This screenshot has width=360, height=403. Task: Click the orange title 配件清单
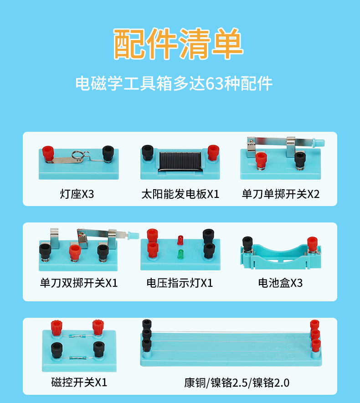coord(178,44)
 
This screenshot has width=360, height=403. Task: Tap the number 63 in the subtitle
coord(214,83)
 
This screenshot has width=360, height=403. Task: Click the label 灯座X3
coord(77,194)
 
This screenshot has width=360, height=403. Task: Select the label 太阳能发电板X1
coord(180,194)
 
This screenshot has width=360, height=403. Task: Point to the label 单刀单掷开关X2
coord(281,194)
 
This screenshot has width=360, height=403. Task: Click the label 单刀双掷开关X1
coord(79,283)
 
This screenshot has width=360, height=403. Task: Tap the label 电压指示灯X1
coord(180,283)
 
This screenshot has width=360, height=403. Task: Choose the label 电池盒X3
coord(280,283)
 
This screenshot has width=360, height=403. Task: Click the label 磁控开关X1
coord(79,382)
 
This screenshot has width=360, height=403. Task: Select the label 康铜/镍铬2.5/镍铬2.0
coord(237,382)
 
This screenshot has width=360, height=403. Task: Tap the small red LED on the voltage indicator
coord(180,240)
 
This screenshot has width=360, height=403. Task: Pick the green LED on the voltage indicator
coord(180,254)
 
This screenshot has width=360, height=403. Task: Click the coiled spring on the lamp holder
coord(78,155)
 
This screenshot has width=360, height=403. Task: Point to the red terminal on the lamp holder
coord(48,154)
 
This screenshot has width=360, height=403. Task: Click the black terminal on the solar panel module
coord(148,152)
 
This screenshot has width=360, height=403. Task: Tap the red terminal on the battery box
coord(313,244)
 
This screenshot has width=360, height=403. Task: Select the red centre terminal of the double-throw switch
coord(75,253)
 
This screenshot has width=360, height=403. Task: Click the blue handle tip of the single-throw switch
coord(319,143)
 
